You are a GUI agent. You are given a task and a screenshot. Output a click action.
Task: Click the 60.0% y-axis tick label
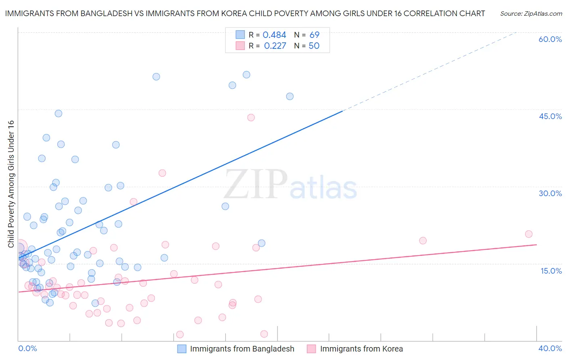pos(550,39)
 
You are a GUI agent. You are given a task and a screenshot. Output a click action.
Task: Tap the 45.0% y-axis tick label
pos(550,116)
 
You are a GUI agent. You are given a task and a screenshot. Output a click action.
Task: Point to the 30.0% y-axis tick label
pos(550,193)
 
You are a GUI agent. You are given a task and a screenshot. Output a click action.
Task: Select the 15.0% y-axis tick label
pos(551,270)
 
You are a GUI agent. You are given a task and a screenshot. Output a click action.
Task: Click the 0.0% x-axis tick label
pos(27,348)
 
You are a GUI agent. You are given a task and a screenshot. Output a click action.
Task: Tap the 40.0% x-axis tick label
pos(550,348)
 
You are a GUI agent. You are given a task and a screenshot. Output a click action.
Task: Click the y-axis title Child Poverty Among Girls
pos(11,184)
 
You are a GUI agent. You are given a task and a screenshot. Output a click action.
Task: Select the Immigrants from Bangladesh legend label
pos(242,349)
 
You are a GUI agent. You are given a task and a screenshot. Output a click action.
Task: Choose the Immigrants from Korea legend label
pos(361,349)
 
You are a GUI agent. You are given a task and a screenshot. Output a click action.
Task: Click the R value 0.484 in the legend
pos(274,35)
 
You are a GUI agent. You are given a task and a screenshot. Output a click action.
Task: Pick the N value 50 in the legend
pos(314,46)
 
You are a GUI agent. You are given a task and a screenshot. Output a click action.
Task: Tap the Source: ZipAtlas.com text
pos(531,14)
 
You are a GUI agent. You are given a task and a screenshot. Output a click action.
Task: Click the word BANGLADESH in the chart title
pos(104,14)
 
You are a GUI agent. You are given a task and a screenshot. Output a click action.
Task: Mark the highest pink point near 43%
pos(251,117)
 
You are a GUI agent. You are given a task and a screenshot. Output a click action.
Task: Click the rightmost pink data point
pos(529,234)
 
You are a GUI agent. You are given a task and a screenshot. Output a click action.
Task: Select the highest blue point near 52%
pos(246,75)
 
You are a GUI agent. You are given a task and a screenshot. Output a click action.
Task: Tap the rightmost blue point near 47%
pos(290,96)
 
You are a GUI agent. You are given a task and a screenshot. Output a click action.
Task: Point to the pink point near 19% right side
pos(423,241)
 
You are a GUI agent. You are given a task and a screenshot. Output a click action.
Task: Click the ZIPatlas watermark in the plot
pos(290,184)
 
